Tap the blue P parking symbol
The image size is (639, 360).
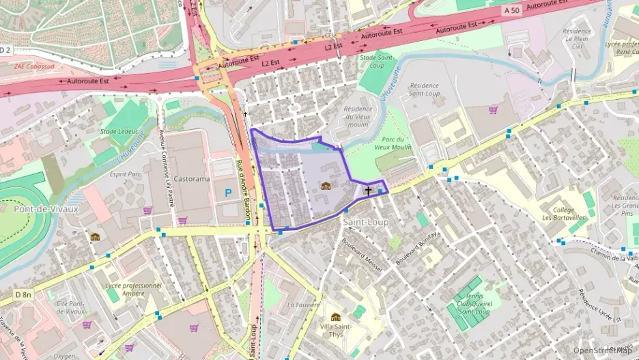click(x=228, y=193)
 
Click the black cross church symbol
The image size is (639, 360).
click(x=369, y=191)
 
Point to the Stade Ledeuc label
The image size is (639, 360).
click(x=119, y=131)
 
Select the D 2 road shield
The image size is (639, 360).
click(x=5, y=49)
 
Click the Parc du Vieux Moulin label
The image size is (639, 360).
click(x=392, y=143)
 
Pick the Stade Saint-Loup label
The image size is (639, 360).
click(x=377, y=61)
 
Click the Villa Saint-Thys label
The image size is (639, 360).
click(x=336, y=331)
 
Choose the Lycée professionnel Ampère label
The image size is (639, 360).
click(x=133, y=290)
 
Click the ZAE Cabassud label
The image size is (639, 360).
click(x=34, y=66)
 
